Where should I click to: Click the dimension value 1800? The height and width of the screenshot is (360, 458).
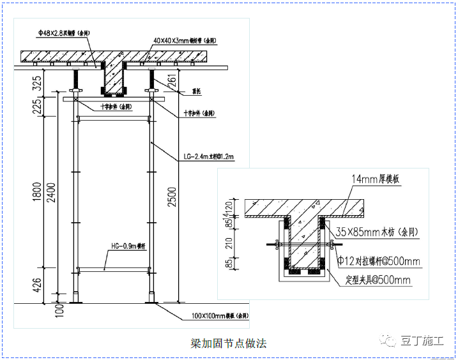[x=37, y=191]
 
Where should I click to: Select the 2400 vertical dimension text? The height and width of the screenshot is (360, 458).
[x=52, y=191]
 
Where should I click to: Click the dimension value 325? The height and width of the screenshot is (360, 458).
[x=37, y=82]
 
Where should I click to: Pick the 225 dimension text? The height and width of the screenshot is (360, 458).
[x=37, y=107]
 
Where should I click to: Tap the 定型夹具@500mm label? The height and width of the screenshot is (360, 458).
[x=378, y=280]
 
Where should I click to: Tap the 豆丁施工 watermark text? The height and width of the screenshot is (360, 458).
[x=422, y=340]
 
